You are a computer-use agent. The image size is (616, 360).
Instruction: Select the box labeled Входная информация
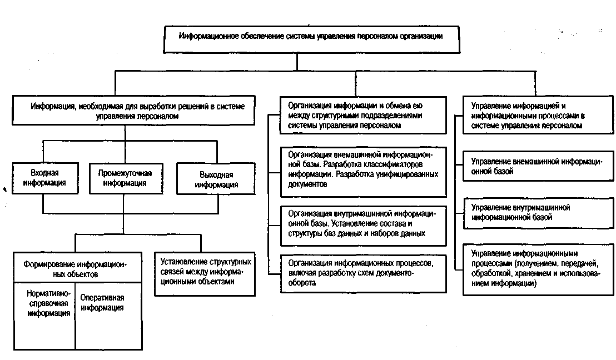click(x=45, y=177)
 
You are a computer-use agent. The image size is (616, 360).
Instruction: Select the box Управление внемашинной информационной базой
click(x=536, y=166)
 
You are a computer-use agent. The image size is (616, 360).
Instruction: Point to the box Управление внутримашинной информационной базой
click(x=536, y=212)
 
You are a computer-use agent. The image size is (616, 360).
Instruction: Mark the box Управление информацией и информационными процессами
click(x=536, y=115)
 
